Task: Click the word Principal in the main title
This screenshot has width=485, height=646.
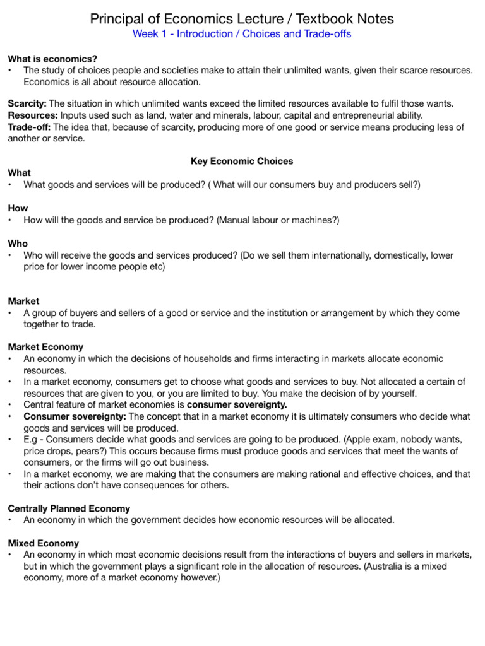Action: point(117,19)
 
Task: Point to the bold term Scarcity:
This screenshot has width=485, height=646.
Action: point(27,103)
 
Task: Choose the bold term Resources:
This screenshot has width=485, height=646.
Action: point(32,115)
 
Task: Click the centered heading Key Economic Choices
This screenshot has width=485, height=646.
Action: point(242,161)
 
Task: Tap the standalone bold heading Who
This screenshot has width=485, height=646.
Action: point(18,244)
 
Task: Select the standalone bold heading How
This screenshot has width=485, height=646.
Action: point(18,208)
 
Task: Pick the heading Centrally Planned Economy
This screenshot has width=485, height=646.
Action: point(69,508)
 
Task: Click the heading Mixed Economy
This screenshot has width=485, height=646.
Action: point(43,543)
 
